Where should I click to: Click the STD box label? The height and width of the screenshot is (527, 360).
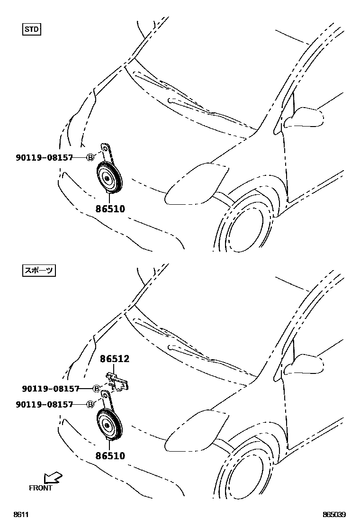click(32, 30)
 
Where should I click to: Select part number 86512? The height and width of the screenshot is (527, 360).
click(114, 360)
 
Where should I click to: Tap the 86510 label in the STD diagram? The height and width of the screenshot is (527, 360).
click(110, 208)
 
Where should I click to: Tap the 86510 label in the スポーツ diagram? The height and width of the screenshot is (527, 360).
click(110, 456)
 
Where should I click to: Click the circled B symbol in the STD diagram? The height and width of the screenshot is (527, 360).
click(90, 157)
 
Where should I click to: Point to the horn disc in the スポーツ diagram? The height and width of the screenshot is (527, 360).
click(109, 425)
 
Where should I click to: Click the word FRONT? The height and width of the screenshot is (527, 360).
click(40, 488)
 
